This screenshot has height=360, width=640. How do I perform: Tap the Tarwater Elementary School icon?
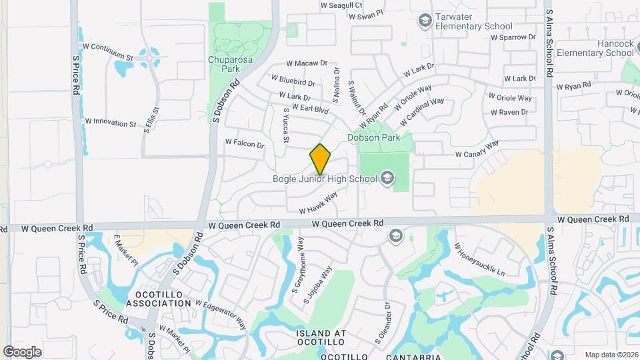pyautogui.click(x=424, y=21)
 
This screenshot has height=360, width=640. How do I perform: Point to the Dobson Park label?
pyautogui.click(x=373, y=137)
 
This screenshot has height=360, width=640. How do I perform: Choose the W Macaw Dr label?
pyautogui.click(x=307, y=63)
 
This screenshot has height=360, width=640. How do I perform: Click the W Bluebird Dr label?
pyautogui.click(x=293, y=81)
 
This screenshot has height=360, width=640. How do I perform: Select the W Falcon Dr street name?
pyautogui.click(x=245, y=143)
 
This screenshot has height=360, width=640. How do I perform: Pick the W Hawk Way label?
pyautogui.click(x=318, y=203)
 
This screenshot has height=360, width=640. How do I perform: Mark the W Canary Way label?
pyautogui.click(x=477, y=150)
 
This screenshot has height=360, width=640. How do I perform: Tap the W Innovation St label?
pyautogui.click(x=111, y=123)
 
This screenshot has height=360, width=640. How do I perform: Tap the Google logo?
pyautogui.click(x=22, y=351)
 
